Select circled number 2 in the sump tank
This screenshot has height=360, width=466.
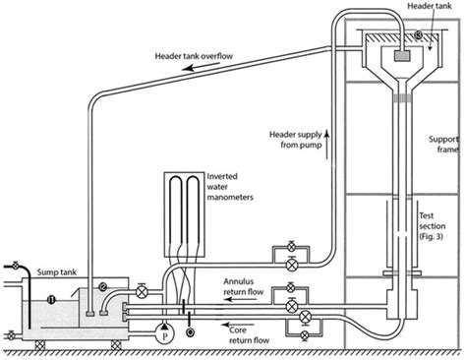(101, 287)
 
